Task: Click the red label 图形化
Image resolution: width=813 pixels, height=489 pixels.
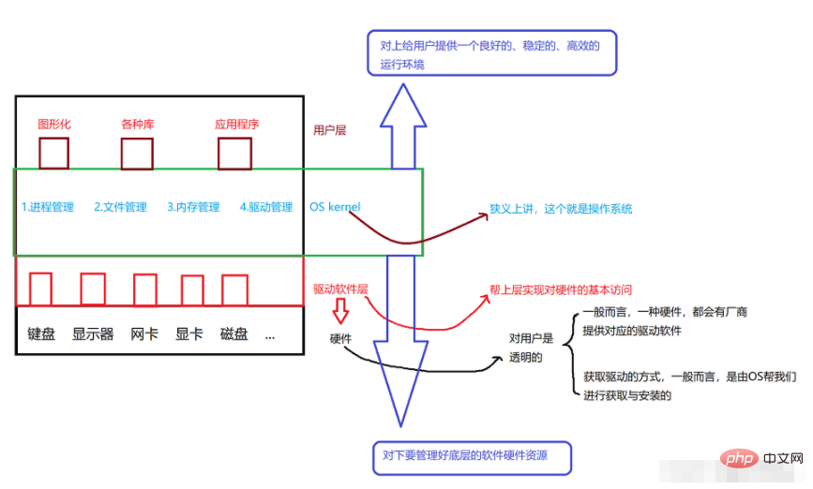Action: coord(54,125)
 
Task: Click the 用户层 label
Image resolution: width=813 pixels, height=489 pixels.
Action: coord(329,130)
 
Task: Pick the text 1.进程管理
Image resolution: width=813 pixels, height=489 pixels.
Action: coord(48,207)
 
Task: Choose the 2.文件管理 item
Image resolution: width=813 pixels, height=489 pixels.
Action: coord(120,207)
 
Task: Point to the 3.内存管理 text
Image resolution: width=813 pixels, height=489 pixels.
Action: coord(193,207)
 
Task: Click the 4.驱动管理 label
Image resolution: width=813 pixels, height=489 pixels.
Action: coord(266,207)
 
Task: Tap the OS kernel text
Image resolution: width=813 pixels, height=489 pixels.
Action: coord(335,207)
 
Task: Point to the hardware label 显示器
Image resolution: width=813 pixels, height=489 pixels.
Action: coord(93,334)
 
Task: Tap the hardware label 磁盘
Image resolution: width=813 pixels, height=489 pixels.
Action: coord(233,334)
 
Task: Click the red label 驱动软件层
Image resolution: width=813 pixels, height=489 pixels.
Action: coord(340,289)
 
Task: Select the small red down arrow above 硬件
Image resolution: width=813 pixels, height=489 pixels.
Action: coord(340,311)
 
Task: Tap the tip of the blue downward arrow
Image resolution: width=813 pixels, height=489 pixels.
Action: coord(400,426)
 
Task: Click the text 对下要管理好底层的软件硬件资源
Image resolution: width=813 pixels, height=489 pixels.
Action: coord(465,455)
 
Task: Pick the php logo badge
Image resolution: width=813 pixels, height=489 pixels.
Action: coord(739,458)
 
